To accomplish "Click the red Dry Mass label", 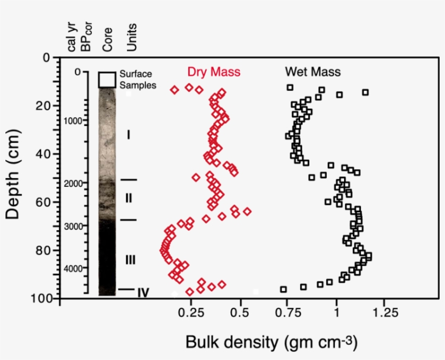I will click(214, 72).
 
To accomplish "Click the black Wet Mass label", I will click(313, 72).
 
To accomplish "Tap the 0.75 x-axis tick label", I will click(288, 313).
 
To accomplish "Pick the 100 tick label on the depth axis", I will click(41, 299).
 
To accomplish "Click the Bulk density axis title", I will click(271, 343).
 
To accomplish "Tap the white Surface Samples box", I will click(107, 79).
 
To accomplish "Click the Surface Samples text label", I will click(137, 80).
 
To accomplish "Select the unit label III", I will click(130, 260).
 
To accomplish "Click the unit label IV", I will click(143, 293).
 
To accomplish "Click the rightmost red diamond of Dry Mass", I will click(247, 211).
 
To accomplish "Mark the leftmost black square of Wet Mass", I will click(283, 289).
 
